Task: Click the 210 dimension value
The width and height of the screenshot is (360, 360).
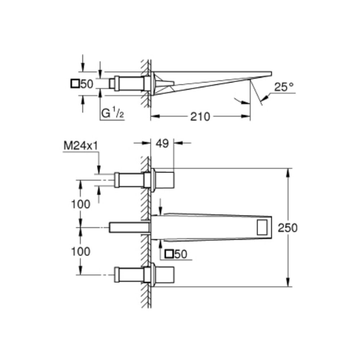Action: point(200,117)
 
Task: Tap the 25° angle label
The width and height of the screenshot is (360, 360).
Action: point(284,87)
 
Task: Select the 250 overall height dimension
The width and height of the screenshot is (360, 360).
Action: point(287,228)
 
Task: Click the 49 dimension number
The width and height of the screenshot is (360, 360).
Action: point(162,144)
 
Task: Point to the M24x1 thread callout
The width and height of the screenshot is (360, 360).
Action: point(81,146)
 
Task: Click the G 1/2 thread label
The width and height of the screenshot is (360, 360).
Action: point(112,113)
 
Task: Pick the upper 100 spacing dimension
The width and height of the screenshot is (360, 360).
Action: point(81,204)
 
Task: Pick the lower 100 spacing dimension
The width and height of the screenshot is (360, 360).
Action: point(81,252)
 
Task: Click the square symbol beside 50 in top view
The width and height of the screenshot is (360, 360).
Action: point(75,84)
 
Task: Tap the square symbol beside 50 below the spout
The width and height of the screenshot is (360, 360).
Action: point(169,254)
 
